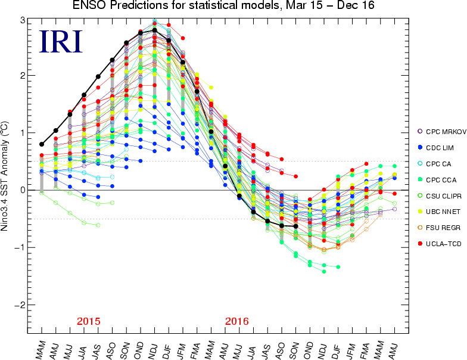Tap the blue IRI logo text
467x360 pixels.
60,41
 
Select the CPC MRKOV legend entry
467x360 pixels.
440,131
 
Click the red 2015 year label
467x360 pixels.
88,321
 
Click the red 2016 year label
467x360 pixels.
236,321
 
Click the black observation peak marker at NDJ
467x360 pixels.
154,30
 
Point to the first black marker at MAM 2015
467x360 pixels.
42,144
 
